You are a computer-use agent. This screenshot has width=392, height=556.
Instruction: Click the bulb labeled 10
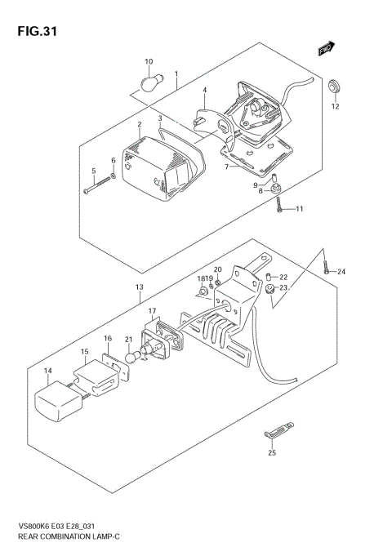coord(153,82)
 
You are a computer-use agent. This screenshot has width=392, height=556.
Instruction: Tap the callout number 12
coord(335,106)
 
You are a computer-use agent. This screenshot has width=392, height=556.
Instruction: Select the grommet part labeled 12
coord(334,86)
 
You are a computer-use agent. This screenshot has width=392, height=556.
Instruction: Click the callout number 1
coord(176,73)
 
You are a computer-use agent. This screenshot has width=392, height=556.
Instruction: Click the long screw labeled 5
coord(96,187)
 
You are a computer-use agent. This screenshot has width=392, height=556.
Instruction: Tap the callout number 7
coord(228,167)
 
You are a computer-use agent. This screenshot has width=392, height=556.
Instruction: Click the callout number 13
coord(140,287)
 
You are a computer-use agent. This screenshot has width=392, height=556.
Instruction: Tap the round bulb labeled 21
coord(131,357)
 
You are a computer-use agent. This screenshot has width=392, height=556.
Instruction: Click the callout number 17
coord(151,311)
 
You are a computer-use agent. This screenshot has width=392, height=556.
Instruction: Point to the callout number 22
coord(284,277)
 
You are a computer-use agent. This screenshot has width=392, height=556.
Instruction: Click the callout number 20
coord(218,269)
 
